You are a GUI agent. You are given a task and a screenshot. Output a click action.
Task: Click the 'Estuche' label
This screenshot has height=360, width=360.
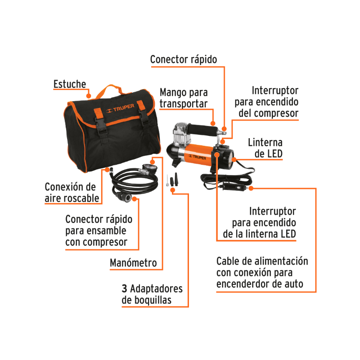click(x=69, y=85)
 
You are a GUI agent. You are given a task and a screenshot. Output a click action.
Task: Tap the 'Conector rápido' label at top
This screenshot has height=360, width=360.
click(x=184, y=59)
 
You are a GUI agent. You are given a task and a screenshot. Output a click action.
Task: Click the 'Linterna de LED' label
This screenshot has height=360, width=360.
click(x=265, y=148)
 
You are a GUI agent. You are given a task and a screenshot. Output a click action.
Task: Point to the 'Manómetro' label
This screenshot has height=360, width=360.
click(x=134, y=263)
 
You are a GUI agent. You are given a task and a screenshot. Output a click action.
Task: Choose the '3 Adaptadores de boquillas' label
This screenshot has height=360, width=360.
click(x=152, y=294)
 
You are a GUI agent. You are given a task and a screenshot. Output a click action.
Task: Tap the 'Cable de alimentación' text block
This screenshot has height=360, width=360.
click(x=262, y=273)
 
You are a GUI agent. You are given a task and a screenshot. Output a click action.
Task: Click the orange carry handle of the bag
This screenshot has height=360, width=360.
click(x=107, y=89)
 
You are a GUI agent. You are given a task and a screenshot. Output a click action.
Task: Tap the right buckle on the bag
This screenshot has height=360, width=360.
click(x=144, y=119)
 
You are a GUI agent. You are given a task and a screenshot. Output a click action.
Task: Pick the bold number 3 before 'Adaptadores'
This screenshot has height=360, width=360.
click(x=124, y=288)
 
